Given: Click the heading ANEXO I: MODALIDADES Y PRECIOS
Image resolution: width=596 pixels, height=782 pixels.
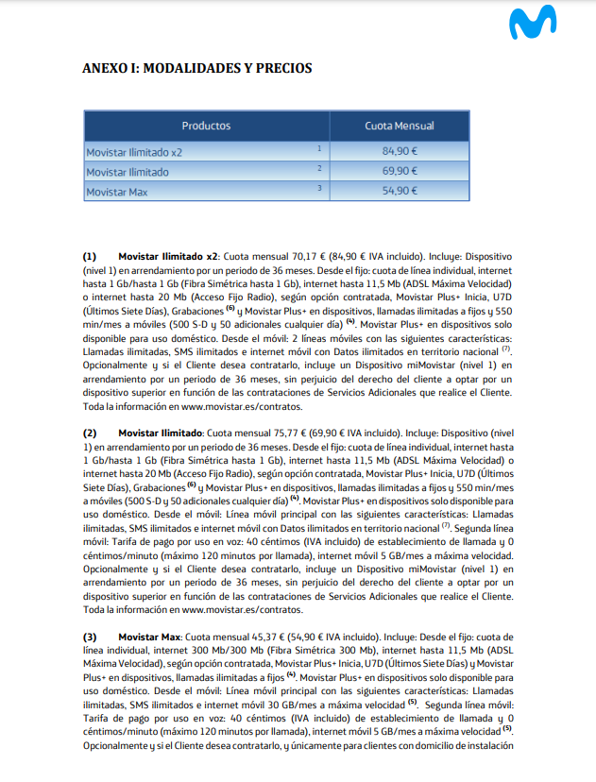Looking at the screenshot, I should pyautogui.click(x=197, y=68).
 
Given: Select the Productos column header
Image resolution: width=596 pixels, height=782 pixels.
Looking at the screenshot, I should pyautogui.click(x=206, y=126).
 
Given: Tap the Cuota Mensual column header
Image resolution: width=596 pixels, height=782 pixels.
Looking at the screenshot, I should pyautogui.click(x=400, y=126).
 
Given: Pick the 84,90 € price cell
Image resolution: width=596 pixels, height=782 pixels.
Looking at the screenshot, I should pyautogui.click(x=400, y=151).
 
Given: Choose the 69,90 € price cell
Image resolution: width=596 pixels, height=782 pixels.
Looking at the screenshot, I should pyautogui.click(x=400, y=171).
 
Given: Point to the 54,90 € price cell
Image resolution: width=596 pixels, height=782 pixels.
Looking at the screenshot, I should pyautogui.click(x=400, y=191).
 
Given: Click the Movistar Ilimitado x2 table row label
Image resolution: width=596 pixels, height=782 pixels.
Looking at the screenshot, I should pyautogui.click(x=134, y=151).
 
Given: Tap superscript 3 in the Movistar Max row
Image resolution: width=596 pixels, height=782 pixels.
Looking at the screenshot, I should pyautogui.click(x=319, y=188).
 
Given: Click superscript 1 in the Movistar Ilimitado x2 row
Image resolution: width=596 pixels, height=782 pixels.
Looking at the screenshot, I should pyautogui.click(x=319, y=148).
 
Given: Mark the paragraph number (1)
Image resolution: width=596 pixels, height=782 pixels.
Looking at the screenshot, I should pyautogui.click(x=90, y=256).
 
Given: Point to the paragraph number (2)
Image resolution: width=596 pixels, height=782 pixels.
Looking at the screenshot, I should pyautogui.click(x=90, y=432).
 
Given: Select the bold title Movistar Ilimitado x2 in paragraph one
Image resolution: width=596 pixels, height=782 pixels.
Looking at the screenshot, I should pyautogui.click(x=168, y=256).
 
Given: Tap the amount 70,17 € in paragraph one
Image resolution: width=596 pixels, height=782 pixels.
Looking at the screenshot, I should pyautogui.click(x=302, y=256).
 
